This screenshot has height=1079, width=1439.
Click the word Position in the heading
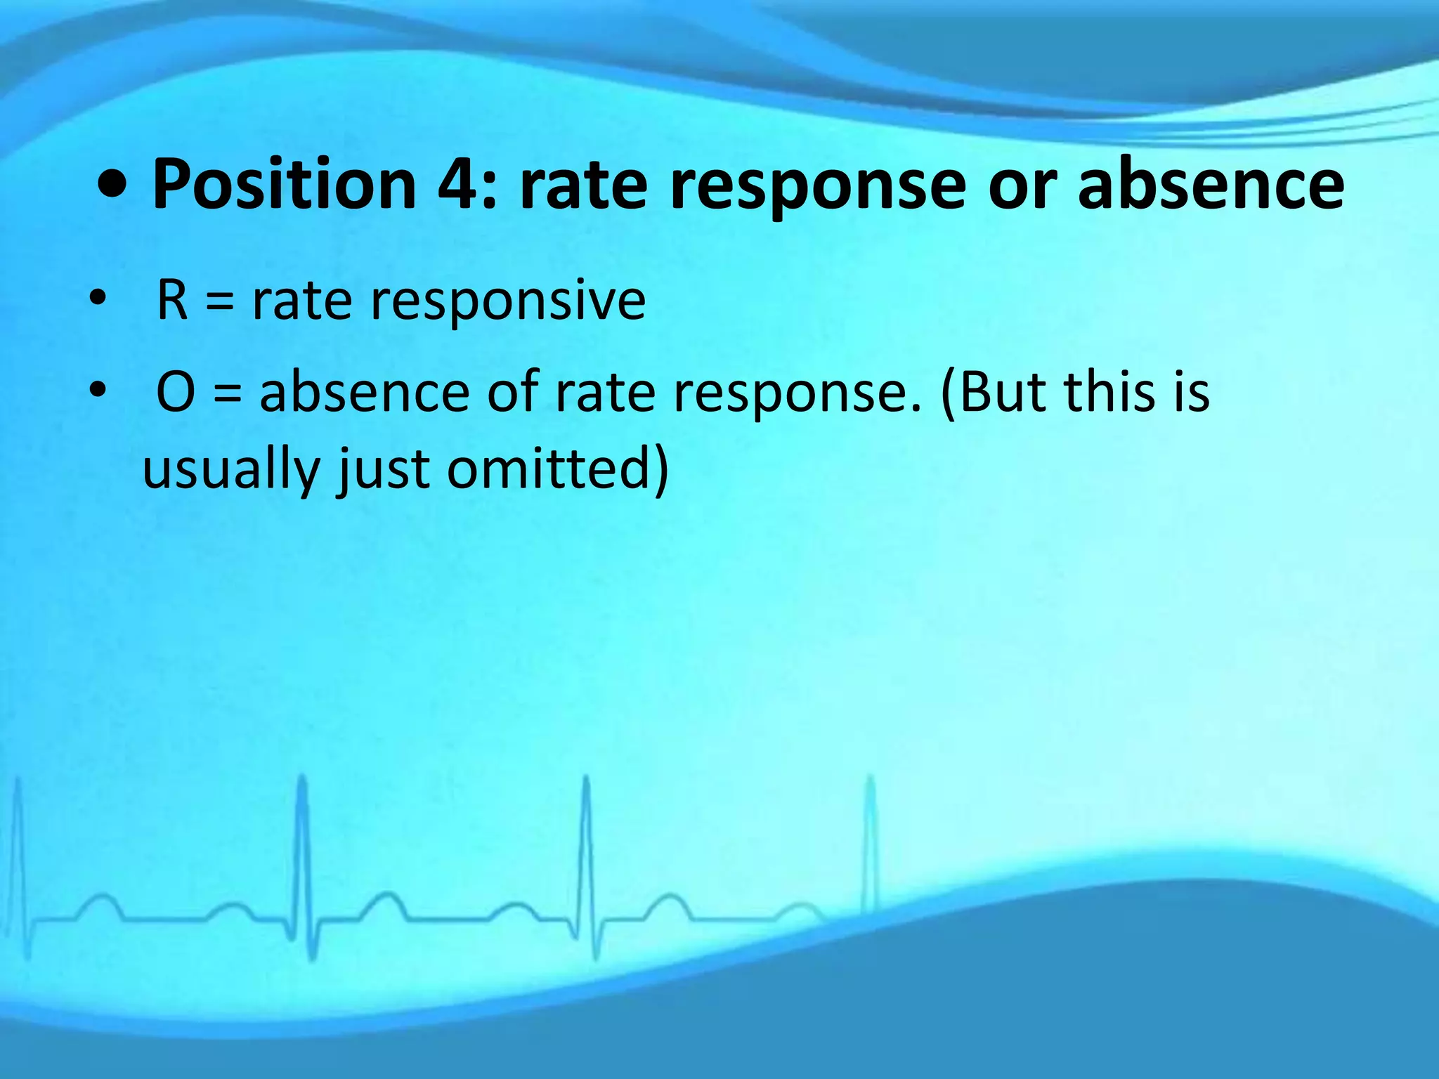(285, 184)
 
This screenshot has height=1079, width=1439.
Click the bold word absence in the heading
(1211, 184)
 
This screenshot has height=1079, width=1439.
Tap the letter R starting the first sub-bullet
(172, 301)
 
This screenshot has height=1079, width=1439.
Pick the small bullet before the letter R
(98, 299)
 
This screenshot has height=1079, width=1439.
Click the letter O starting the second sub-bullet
(175, 392)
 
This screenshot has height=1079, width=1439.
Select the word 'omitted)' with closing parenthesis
(558, 469)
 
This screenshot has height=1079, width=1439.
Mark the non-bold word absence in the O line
(365, 392)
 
